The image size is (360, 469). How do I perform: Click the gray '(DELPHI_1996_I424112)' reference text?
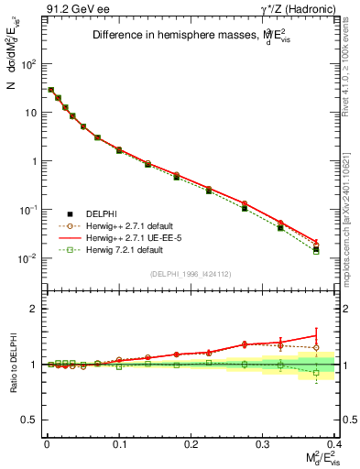coord(191,273)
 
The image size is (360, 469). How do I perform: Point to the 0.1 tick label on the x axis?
coord(119,443)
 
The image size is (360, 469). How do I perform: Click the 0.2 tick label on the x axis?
coord(191,443)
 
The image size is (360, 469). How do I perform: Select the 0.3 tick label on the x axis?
coord(264,443)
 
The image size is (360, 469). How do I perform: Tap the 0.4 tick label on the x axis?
coord(335,443)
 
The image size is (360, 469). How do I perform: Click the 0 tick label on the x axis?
coord(47,443)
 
